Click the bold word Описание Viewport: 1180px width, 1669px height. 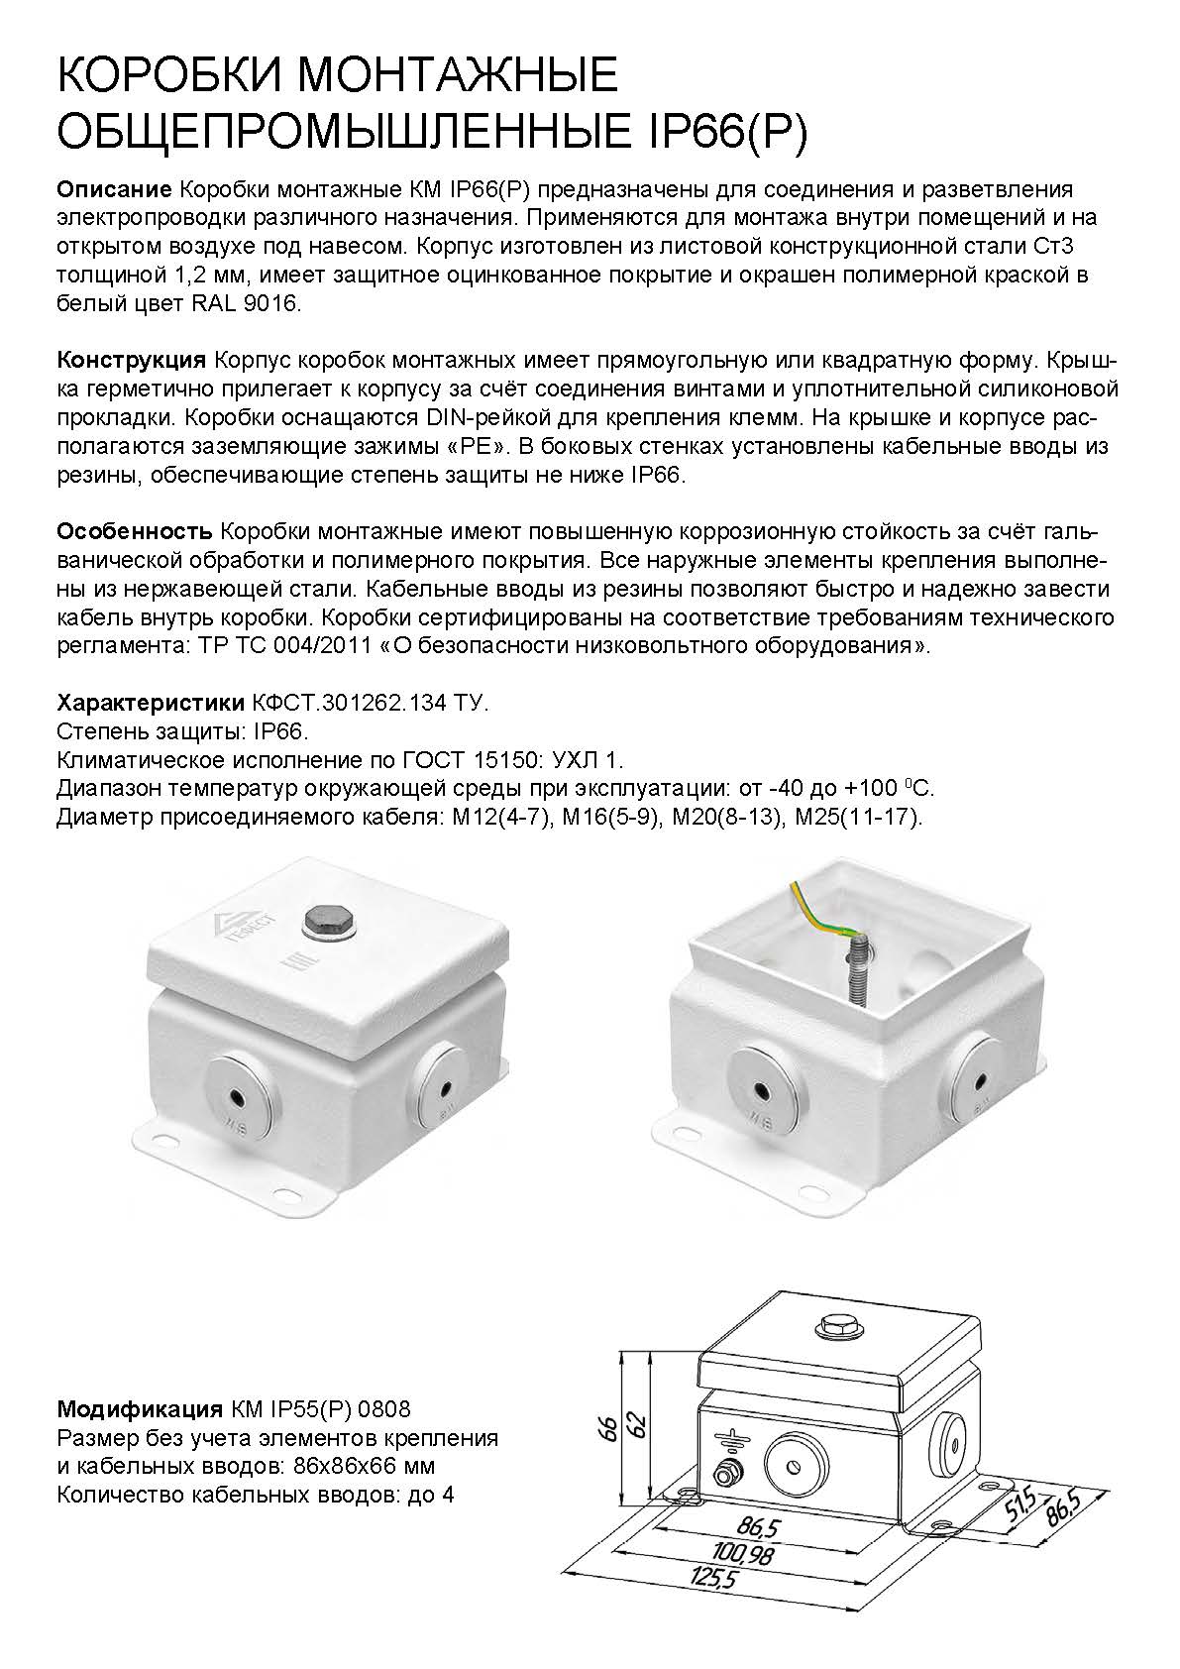pyautogui.click(x=115, y=189)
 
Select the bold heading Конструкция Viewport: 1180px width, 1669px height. pyautogui.click(x=131, y=361)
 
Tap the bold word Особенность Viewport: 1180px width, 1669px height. pyautogui.click(x=135, y=532)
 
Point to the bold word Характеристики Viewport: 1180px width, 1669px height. pyautogui.click(x=151, y=703)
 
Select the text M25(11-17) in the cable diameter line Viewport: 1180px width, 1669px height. pyautogui.click(x=858, y=818)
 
